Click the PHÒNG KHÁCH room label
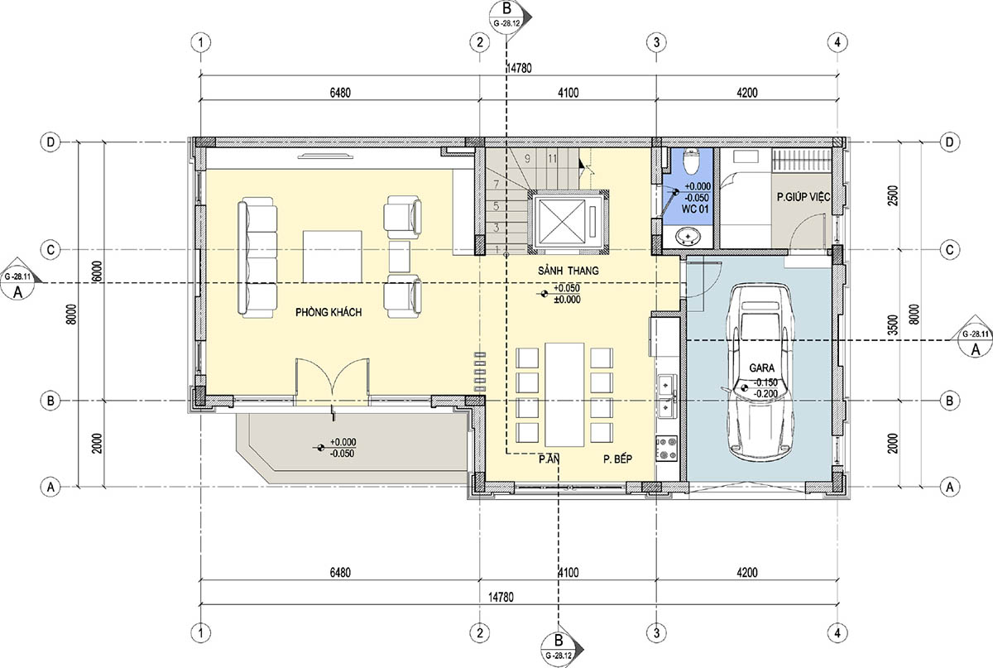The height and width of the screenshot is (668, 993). tap(329, 312)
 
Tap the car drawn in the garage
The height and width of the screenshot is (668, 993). tap(760, 373)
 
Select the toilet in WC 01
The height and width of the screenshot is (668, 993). tap(691, 161)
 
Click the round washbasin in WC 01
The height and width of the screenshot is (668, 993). tap(688, 236)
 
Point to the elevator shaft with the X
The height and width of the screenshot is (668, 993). tap(568, 222)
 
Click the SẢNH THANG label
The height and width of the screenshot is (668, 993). tap(568, 271)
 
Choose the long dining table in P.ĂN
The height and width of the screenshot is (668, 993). tap(564, 394)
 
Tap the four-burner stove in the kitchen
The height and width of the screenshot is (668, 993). tap(666, 449)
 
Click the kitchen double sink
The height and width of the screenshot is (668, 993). tap(666, 396)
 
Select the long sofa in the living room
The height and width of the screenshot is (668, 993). tap(257, 257)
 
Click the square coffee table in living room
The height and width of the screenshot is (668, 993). tap(332, 257)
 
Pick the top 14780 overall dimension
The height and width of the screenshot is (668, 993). tap(519, 69)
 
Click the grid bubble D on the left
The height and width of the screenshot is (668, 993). tap(50, 142)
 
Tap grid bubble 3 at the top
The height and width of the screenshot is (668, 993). tap(656, 42)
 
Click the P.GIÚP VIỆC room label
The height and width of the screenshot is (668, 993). tap(804, 196)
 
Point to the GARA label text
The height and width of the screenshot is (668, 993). tap(761, 368)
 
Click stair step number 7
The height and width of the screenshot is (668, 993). tap(496, 184)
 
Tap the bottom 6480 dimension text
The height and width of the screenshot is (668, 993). tap(340, 572)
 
